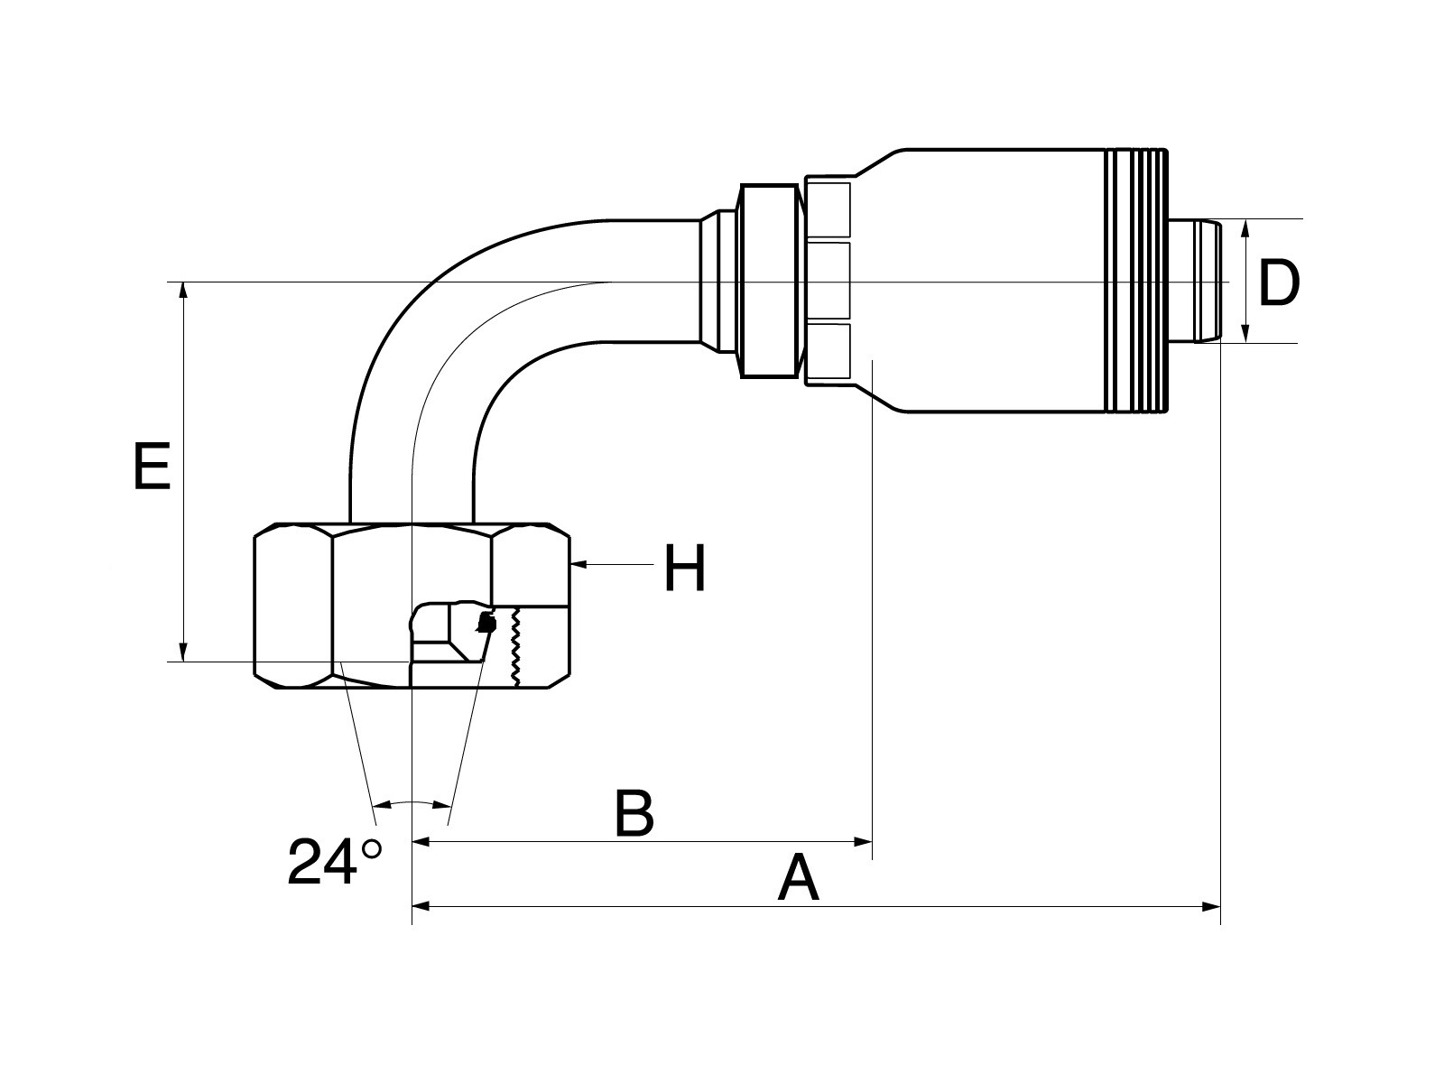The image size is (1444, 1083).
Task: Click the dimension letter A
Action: click(798, 878)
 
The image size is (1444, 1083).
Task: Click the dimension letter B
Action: click(634, 813)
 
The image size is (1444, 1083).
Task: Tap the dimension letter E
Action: click(152, 467)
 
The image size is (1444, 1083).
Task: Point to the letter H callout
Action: click(685, 568)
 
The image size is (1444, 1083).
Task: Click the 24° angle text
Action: click(334, 861)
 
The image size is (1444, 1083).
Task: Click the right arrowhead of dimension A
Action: click(1211, 907)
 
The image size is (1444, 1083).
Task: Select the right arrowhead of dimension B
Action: click(863, 842)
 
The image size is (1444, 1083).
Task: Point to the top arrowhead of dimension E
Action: click(184, 292)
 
